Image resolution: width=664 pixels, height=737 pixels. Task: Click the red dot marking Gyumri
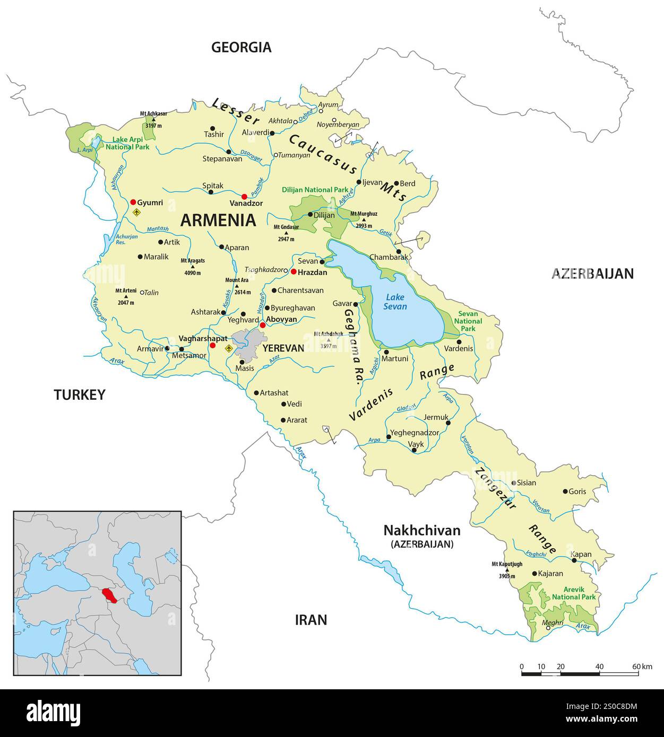pyautogui.click(x=133, y=202)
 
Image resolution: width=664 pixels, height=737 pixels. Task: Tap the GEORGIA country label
pyautogui.click(x=241, y=47)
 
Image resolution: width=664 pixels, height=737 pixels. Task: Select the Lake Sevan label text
pyautogui.click(x=396, y=302)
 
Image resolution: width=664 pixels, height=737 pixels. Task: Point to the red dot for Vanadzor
pyautogui.click(x=244, y=196)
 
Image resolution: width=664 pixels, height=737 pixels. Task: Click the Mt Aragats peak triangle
pyautogui.click(x=193, y=267)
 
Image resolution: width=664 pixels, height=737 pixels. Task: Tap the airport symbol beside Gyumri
pyautogui.click(x=137, y=213)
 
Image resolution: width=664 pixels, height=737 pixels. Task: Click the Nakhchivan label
pyautogui.click(x=422, y=531)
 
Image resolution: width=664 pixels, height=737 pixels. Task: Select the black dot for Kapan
pyautogui.click(x=574, y=560)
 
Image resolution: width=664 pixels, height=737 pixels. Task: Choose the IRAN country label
pyautogui.click(x=311, y=619)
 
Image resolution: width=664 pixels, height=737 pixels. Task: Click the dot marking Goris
pyautogui.click(x=565, y=492)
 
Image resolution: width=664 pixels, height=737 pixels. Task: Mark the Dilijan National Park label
pyautogui.click(x=314, y=189)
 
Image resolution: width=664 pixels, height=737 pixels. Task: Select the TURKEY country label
pyautogui.click(x=80, y=394)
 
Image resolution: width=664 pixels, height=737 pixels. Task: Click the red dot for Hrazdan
pyautogui.click(x=293, y=271)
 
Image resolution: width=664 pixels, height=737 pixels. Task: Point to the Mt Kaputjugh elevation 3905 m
pyautogui.click(x=508, y=576)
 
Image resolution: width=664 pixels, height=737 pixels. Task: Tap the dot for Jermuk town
pyautogui.click(x=448, y=423)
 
